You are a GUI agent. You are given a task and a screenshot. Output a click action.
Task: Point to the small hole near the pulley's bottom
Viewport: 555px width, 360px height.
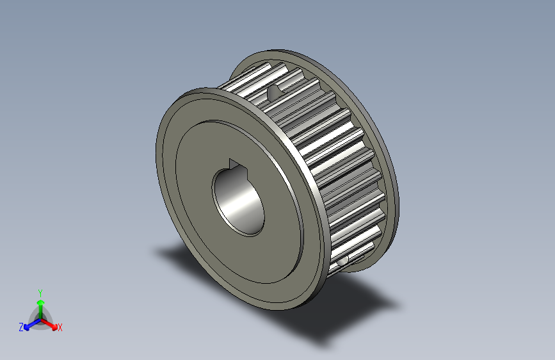pyautogui.click(x=344, y=260)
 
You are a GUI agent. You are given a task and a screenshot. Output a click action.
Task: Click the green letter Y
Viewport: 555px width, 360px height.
pyautogui.click(x=40, y=291)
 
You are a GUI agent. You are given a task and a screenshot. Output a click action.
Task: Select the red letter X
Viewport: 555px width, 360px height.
pyautogui.click(x=60, y=327)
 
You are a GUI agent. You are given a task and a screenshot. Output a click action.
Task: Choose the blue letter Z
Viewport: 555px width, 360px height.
pyautogui.click(x=21, y=327)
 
